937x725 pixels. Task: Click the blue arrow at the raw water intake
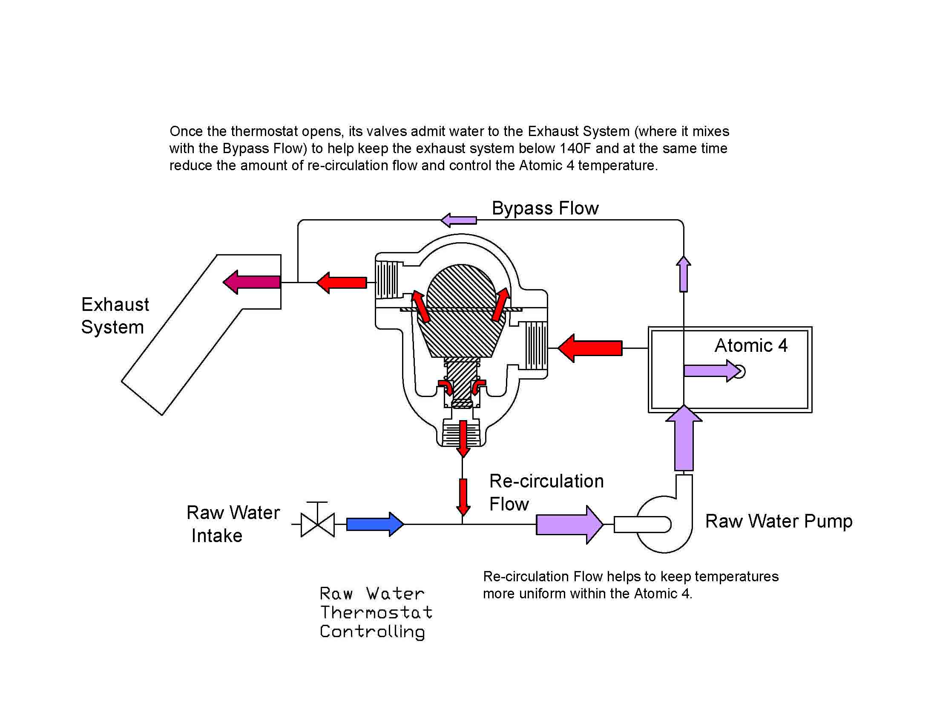coord(374,524)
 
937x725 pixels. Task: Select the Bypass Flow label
coord(545,208)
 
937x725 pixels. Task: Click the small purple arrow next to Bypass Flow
coord(459,220)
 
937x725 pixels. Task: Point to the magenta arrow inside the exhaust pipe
coord(252,282)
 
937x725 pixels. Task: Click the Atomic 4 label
coord(751,345)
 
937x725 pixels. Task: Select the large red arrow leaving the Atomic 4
coord(591,348)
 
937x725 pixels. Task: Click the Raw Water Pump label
coord(779,521)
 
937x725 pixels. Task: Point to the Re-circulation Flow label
coord(546,492)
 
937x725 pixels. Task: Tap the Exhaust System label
coord(115,316)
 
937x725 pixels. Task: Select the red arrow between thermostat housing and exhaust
coord(342,283)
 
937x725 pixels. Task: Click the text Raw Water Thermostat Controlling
coord(375,612)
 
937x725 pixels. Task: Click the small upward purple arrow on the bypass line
coord(684,274)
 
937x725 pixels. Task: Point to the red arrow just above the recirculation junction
coord(463,496)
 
